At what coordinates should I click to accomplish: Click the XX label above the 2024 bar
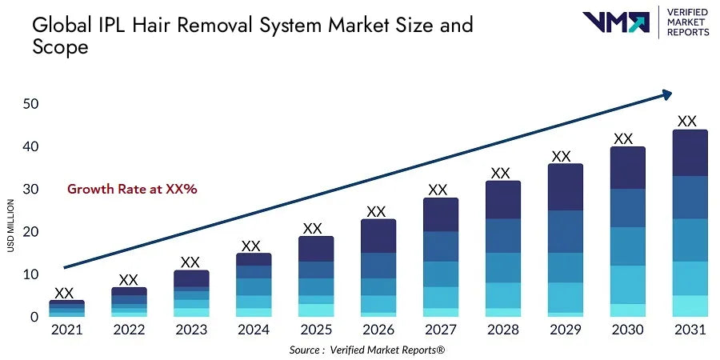(251, 246)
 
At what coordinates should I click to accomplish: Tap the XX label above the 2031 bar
(687, 122)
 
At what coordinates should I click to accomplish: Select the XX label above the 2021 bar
(64, 293)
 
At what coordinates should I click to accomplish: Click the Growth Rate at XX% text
(132, 190)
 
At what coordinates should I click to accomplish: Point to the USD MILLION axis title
(11, 225)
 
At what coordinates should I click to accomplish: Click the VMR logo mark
(615, 22)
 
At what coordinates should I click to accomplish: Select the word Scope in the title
(60, 47)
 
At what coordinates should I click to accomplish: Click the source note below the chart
(378, 350)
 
